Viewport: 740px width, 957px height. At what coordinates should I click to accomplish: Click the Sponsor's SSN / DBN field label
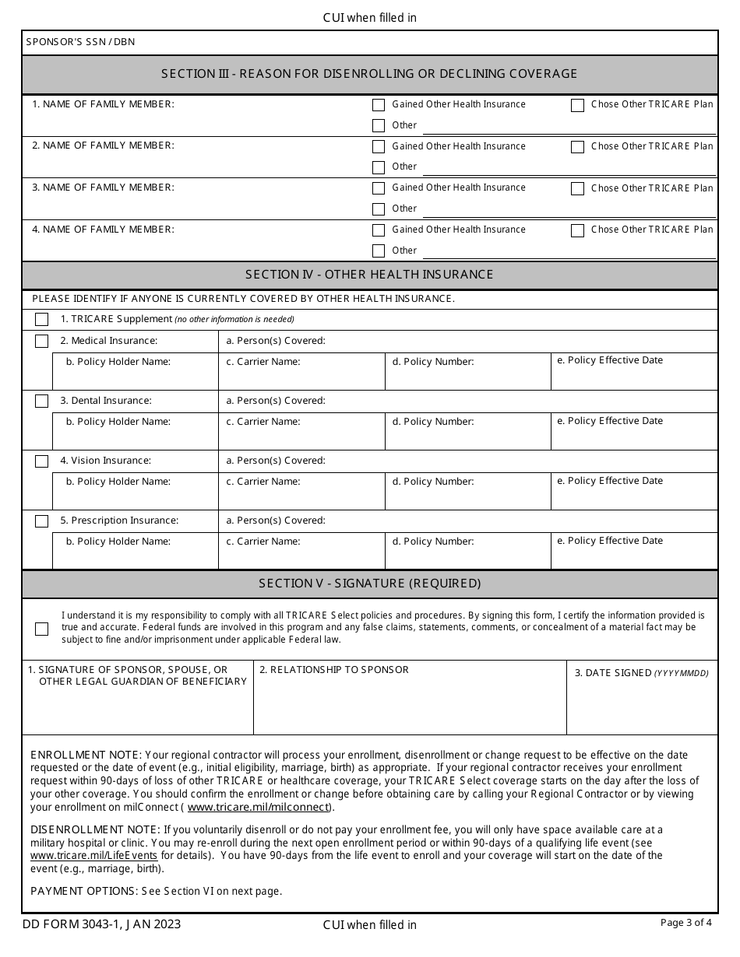click(x=80, y=42)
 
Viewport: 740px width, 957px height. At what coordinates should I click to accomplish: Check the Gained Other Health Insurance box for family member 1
click(x=379, y=105)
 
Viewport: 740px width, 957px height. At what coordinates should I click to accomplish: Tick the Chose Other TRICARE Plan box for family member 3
click(x=577, y=188)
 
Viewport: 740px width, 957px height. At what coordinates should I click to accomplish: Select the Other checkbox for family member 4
click(x=379, y=251)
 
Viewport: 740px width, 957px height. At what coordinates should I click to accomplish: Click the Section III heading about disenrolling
click(x=369, y=74)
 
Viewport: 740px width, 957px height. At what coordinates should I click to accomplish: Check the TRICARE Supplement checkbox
click(x=41, y=320)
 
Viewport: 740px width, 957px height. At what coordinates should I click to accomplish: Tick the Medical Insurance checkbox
click(x=41, y=341)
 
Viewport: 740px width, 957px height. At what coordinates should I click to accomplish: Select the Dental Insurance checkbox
click(x=41, y=401)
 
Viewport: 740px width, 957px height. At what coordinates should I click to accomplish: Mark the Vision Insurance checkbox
click(x=41, y=461)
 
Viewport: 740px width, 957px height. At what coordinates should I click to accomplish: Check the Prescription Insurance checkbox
click(x=41, y=521)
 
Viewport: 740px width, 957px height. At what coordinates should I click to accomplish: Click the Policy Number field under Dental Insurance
click(x=467, y=433)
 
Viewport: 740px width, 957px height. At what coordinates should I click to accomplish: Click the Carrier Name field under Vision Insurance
click(x=301, y=493)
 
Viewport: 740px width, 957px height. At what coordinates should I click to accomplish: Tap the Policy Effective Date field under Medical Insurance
click(x=634, y=373)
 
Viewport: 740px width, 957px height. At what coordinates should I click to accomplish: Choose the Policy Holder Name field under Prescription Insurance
click(x=135, y=552)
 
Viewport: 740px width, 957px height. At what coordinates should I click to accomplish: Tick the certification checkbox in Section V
click(x=41, y=629)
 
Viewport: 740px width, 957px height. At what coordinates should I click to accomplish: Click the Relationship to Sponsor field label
click(x=334, y=670)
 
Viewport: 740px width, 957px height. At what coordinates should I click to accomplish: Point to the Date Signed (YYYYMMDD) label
click(x=641, y=673)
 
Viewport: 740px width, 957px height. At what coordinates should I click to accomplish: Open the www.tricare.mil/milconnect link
click(x=258, y=808)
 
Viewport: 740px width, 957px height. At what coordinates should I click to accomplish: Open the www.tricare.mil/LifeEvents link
click(x=93, y=856)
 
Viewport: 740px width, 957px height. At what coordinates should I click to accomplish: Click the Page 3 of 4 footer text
click(x=685, y=924)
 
